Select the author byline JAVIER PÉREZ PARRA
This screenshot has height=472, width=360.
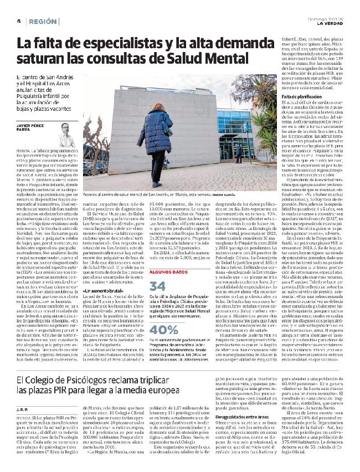[x=33, y=127]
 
